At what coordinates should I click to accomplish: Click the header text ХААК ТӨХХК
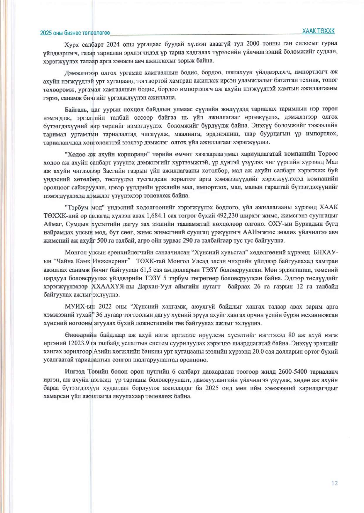pyautogui.click(x=318, y=31)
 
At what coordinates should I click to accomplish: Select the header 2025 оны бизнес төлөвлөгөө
pyautogui.click(x=75, y=33)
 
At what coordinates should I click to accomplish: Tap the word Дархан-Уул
pyautogui.click(x=155, y=286)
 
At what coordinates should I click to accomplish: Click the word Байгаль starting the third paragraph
pyautogui.click(x=76, y=110)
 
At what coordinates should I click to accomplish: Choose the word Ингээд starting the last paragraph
pyautogui.click(x=75, y=372)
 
